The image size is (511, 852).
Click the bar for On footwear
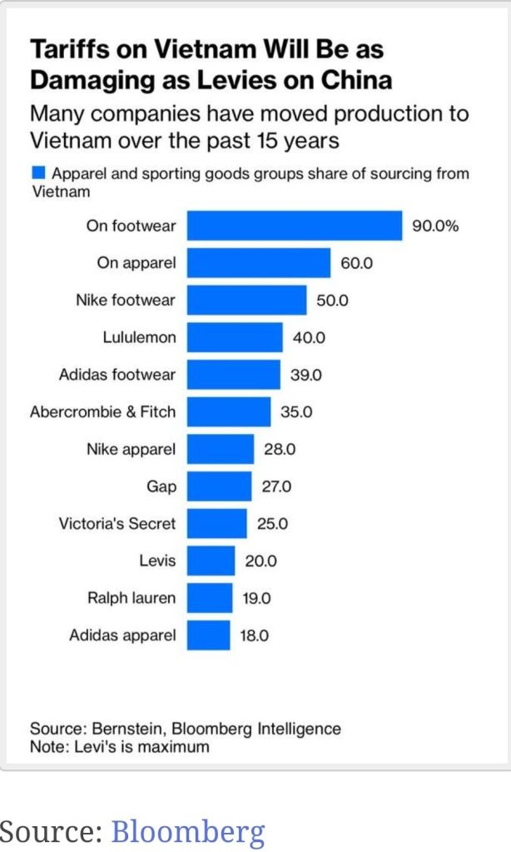point(294,226)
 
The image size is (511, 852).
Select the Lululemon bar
point(235,337)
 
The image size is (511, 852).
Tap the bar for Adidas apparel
point(208,635)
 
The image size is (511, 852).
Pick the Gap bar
point(219,486)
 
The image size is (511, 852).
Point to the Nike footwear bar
point(246,300)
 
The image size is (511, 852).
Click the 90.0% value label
point(435,226)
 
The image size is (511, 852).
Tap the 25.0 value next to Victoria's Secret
point(272,524)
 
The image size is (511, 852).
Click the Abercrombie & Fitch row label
point(102,411)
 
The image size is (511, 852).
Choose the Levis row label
point(157,561)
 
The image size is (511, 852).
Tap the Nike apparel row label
point(131,449)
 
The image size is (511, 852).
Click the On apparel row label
point(136,263)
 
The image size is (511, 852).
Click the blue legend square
point(37,173)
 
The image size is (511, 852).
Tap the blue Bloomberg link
point(187,830)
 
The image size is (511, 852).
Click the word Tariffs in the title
point(67,50)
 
